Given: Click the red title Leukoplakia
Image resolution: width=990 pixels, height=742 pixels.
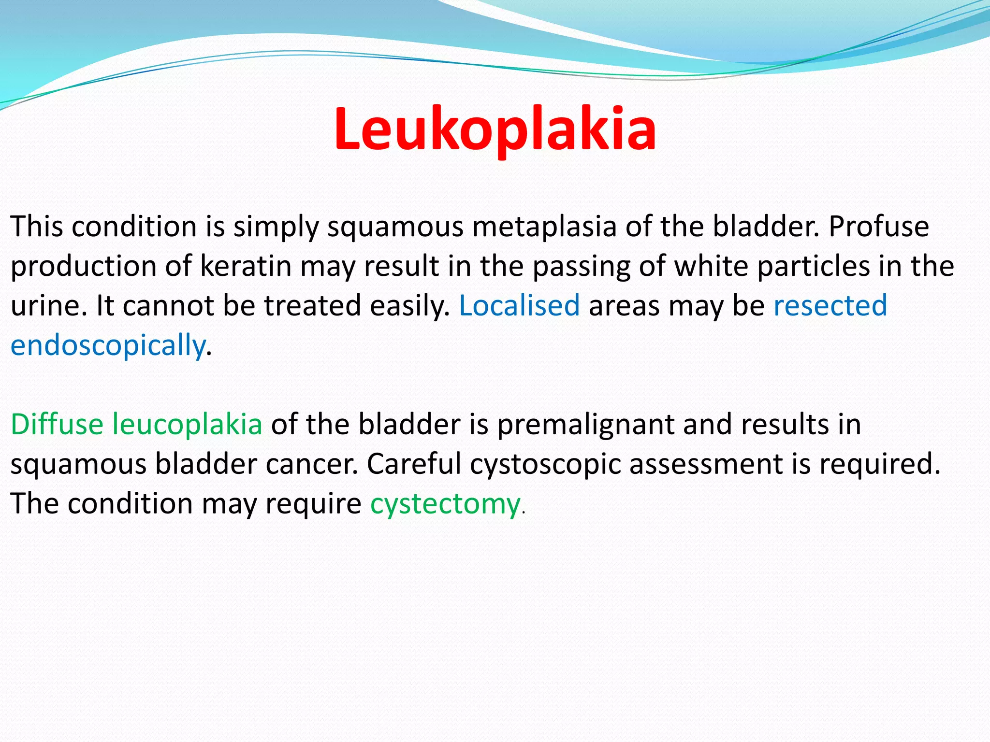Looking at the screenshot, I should pos(495,129).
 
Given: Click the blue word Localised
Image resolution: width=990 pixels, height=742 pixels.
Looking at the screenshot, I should pos(519,306).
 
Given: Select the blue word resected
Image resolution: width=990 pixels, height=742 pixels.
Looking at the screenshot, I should pos(830,306).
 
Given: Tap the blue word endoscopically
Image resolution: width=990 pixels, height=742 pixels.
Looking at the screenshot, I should pos(108,345).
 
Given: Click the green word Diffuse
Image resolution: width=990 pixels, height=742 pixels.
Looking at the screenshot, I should pos(57,425).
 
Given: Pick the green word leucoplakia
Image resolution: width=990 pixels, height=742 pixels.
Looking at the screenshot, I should pos(187,425).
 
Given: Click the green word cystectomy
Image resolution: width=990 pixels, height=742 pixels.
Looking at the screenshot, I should pos(445,504).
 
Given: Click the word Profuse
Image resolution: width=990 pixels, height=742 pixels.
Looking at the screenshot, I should pos(879,227).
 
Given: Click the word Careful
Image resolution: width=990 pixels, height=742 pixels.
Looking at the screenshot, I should pos(414,464).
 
